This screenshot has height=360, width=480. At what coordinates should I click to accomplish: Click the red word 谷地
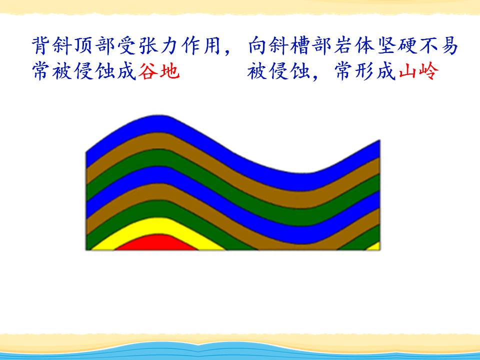pyautogui.click(x=158, y=71)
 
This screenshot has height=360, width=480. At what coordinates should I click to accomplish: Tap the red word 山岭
pyautogui.click(x=419, y=71)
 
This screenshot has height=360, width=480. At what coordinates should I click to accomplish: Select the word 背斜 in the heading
pyautogui.click(x=52, y=45)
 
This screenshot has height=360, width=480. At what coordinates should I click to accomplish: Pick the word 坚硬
pyautogui.click(x=397, y=45)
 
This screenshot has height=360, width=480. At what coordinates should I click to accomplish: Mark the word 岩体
pyautogui.click(x=354, y=45)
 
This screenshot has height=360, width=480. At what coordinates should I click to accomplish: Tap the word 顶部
pyautogui.click(x=94, y=45)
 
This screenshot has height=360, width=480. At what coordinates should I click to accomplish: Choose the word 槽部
pyautogui.click(x=311, y=45)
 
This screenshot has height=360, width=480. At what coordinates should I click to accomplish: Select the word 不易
pyautogui.click(x=438, y=45)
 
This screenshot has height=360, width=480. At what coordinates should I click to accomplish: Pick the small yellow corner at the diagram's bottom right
pyautogui.click(x=374, y=246)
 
